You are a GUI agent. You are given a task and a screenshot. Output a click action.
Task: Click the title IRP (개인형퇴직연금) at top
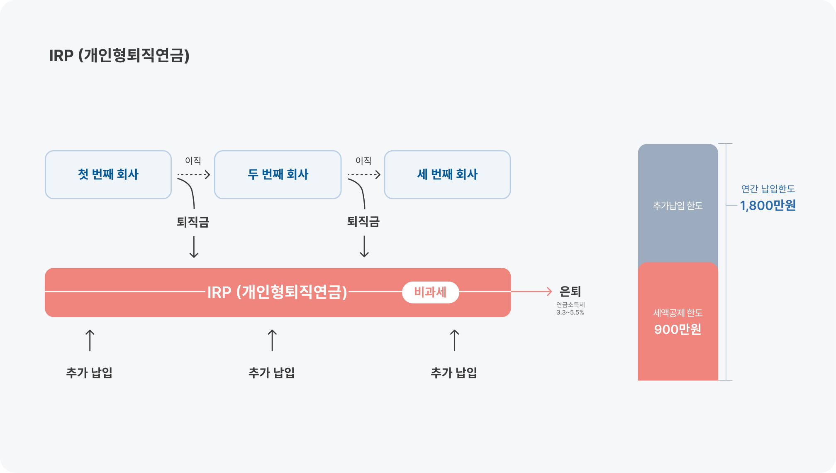(x=119, y=55)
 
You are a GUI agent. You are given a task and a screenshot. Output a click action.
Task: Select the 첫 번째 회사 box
(x=108, y=174)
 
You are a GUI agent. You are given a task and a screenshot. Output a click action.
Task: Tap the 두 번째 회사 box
(x=278, y=174)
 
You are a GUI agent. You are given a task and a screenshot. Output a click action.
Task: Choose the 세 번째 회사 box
(x=447, y=174)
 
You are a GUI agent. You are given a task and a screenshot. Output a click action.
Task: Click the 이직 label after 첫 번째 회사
(x=193, y=161)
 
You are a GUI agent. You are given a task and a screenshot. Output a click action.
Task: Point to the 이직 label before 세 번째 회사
(x=363, y=161)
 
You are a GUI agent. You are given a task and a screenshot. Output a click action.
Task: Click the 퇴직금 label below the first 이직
(x=193, y=222)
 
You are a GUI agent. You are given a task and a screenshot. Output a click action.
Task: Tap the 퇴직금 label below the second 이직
(x=363, y=221)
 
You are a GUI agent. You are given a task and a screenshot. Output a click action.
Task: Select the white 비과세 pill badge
(x=431, y=292)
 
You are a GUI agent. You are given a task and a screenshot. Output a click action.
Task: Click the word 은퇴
(x=570, y=292)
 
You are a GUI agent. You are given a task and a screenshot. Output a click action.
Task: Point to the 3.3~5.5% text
(x=570, y=312)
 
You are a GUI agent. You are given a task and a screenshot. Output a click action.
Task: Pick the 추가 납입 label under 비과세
(x=454, y=373)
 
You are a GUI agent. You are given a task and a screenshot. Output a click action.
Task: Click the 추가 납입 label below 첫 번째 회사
(x=89, y=373)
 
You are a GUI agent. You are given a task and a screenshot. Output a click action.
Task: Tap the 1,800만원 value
(x=768, y=206)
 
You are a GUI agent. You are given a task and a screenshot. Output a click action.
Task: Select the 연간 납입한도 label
(x=768, y=189)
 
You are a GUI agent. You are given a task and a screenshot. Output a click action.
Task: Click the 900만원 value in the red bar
(x=678, y=329)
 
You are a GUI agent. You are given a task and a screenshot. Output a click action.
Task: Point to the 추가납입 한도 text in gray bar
(x=678, y=206)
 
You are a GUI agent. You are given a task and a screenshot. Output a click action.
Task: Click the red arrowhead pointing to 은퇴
(x=549, y=292)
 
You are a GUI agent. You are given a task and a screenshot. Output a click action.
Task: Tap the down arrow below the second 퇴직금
(x=364, y=247)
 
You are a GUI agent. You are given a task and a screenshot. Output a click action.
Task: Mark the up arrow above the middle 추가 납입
(x=272, y=341)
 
